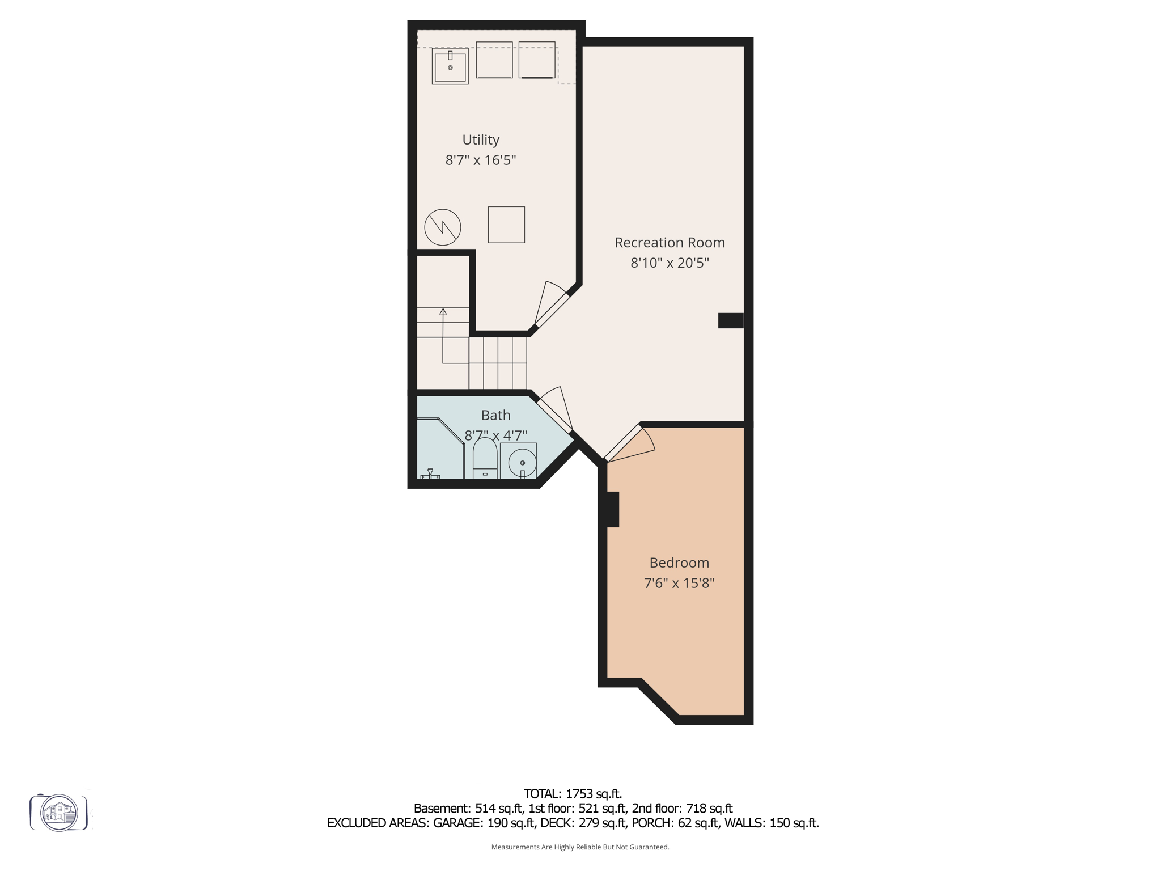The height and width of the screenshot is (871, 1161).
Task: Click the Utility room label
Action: click(x=481, y=139)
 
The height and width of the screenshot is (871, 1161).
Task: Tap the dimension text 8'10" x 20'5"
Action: click(x=670, y=263)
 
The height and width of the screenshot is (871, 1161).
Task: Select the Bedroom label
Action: click(x=679, y=563)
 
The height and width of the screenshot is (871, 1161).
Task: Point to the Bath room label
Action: click(x=495, y=415)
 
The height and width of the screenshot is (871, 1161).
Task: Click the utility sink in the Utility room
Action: click(x=450, y=66)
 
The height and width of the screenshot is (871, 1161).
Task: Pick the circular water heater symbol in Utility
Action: click(x=443, y=227)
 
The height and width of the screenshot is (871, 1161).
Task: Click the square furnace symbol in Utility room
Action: click(x=506, y=225)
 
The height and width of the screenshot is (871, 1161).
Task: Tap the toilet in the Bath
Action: click(x=485, y=458)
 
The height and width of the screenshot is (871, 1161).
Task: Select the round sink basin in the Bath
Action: click(x=522, y=462)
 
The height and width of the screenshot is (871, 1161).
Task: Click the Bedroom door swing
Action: click(x=632, y=445)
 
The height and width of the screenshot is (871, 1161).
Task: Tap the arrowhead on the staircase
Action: click(x=443, y=311)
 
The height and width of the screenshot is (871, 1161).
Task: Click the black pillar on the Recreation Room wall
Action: click(x=730, y=320)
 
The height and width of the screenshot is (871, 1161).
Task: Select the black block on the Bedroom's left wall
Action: click(x=611, y=509)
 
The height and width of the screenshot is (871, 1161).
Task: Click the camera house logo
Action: click(x=59, y=813)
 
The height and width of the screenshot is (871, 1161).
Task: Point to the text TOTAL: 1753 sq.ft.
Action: click(x=573, y=794)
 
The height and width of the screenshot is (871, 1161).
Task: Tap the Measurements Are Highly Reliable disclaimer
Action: click(x=580, y=847)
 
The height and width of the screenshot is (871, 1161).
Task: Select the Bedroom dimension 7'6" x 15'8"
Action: click(x=679, y=583)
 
